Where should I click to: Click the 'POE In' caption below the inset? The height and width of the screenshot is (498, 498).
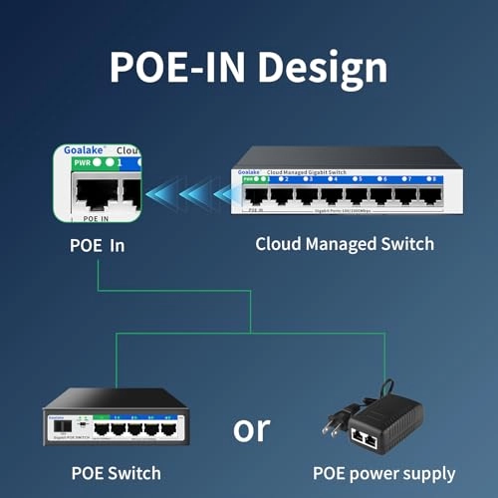(96, 244)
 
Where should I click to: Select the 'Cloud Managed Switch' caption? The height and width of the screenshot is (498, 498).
(345, 244)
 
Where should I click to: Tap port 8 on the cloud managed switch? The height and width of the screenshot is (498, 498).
(430, 194)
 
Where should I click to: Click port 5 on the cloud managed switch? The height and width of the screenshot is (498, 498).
(358, 194)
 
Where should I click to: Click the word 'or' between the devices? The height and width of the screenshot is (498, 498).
(251, 428)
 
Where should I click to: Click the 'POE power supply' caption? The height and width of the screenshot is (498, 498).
(383, 473)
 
